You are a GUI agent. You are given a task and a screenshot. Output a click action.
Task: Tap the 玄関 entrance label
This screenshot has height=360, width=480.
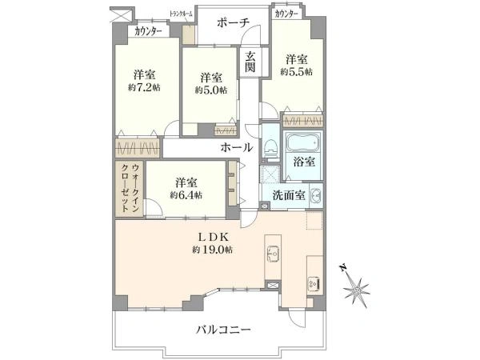tap(250, 62)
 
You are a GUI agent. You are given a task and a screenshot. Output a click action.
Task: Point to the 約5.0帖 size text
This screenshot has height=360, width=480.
tap(210, 90)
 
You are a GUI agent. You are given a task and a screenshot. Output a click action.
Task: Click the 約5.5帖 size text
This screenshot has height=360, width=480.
tap(296, 71)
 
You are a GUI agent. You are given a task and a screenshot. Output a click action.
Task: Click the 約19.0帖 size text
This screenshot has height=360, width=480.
tap(212, 250)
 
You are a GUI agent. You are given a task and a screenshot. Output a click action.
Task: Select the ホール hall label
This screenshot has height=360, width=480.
tap(237, 148)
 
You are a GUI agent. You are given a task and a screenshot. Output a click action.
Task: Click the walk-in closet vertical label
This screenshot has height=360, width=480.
tap(130, 187)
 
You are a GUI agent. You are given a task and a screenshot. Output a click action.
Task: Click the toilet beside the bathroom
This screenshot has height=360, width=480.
tap(270, 146)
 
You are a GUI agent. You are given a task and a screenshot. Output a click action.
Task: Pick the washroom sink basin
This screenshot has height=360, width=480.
tap(314, 194)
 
